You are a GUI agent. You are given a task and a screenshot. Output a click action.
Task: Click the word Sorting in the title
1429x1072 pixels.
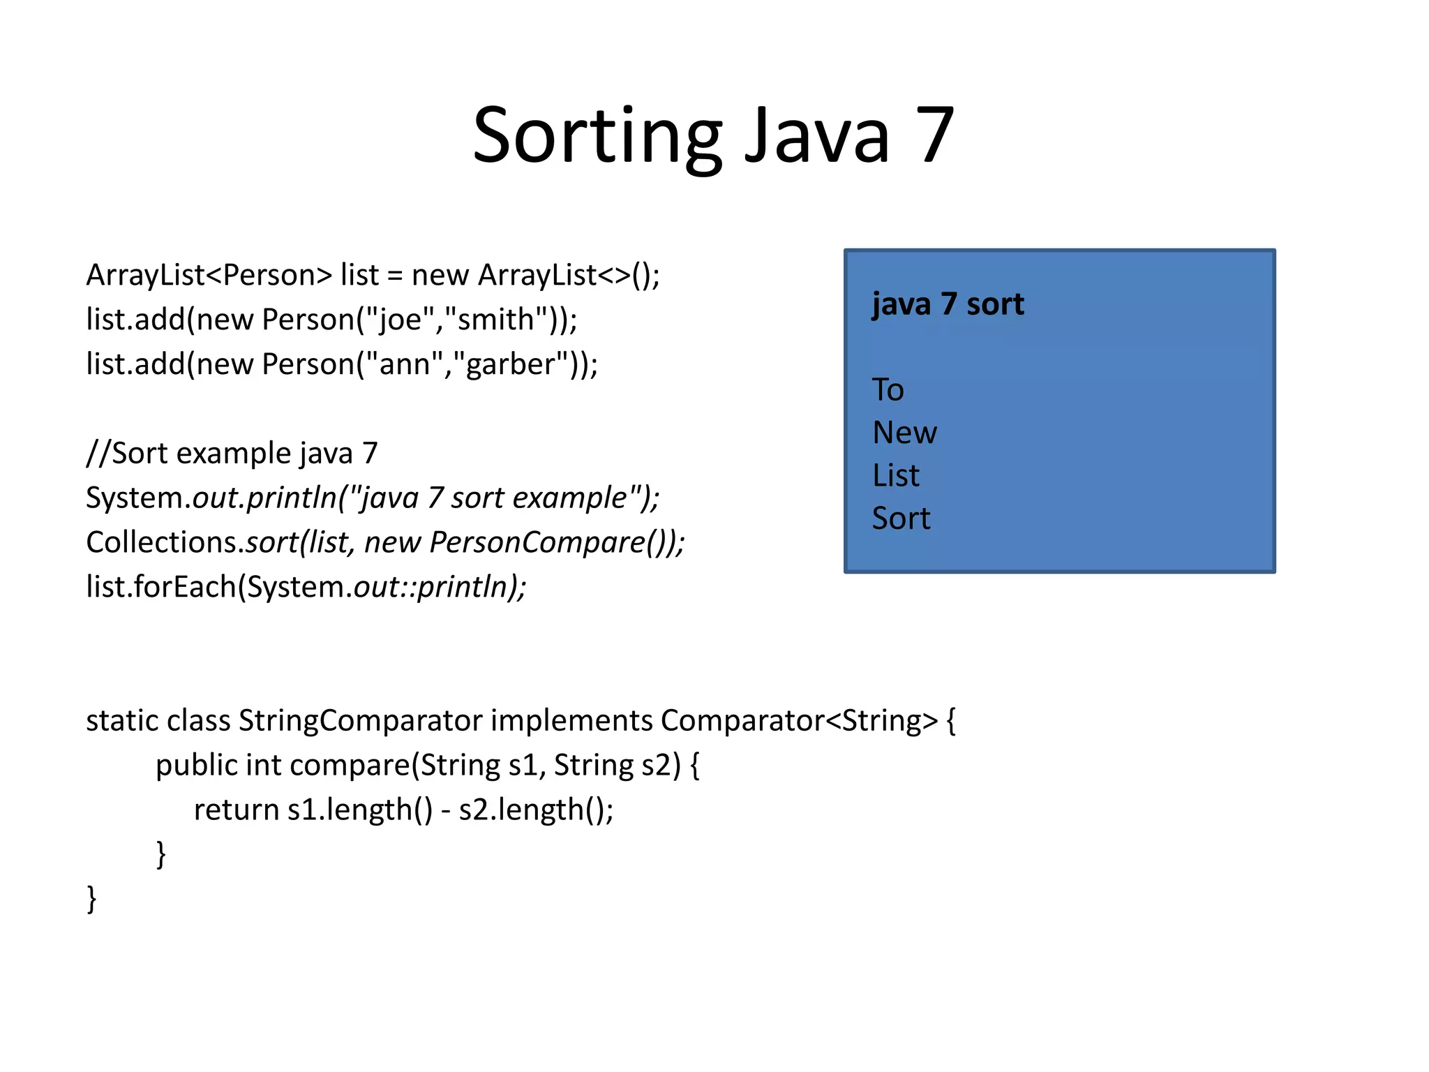click(597, 136)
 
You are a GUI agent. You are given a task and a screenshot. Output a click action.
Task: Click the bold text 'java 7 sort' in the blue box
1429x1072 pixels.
click(948, 304)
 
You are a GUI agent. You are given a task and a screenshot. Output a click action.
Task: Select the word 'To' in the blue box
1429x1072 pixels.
click(888, 389)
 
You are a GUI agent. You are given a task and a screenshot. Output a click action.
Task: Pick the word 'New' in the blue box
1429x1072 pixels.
click(904, 433)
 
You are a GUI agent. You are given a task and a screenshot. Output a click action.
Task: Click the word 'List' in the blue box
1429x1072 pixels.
click(896, 476)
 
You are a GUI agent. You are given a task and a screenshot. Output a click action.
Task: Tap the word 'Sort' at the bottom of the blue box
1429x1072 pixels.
click(901, 519)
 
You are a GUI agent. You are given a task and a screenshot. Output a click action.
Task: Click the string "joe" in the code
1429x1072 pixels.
click(400, 320)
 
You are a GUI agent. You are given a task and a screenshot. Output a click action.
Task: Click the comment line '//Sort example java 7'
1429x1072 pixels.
click(232, 454)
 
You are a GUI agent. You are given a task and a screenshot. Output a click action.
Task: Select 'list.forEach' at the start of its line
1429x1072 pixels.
click(160, 587)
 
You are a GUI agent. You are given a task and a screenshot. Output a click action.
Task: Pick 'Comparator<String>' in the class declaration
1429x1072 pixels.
click(799, 721)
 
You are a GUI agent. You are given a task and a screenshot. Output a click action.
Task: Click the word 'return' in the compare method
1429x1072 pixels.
click(236, 810)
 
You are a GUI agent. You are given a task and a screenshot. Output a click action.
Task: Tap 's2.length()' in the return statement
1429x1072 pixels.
click(534, 810)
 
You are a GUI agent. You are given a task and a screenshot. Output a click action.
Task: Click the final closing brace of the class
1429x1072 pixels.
click(91, 898)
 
